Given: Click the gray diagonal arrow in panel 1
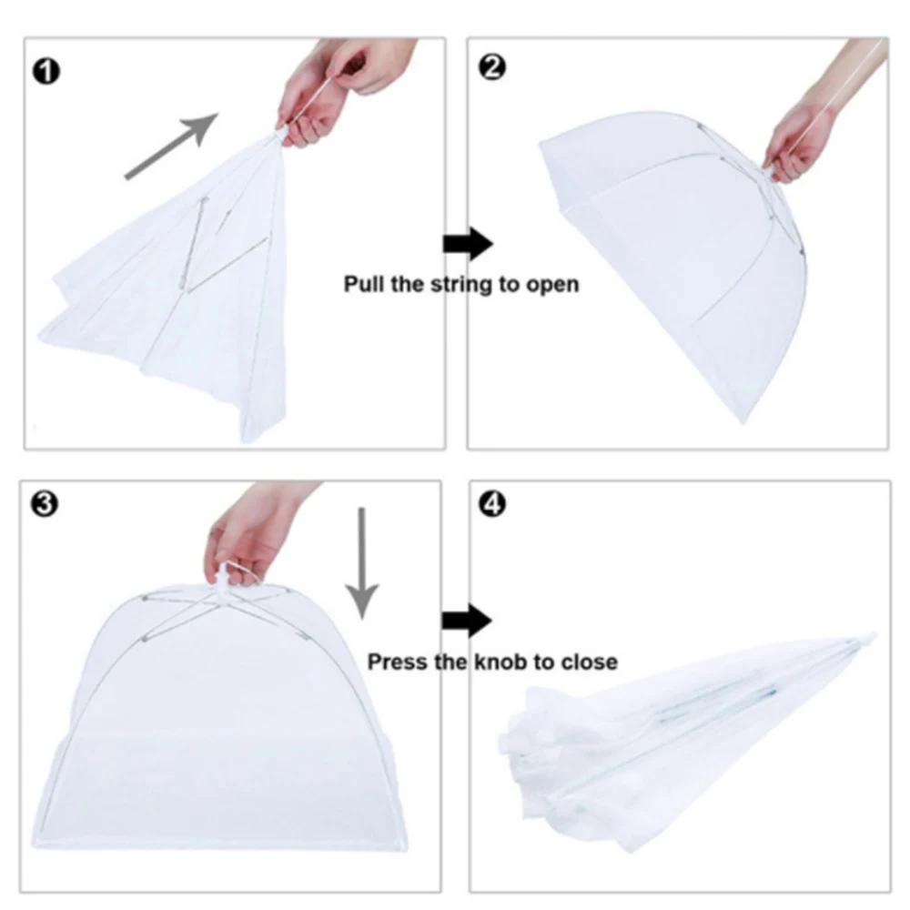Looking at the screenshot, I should [172, 146].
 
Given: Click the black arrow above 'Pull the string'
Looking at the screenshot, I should [467, 243].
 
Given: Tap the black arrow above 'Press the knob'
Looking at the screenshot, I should [467, 622].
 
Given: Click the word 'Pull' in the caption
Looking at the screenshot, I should [363, 284].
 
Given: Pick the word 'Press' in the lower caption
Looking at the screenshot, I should [397, 662].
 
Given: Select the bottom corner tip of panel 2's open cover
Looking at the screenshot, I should [746, 421].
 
